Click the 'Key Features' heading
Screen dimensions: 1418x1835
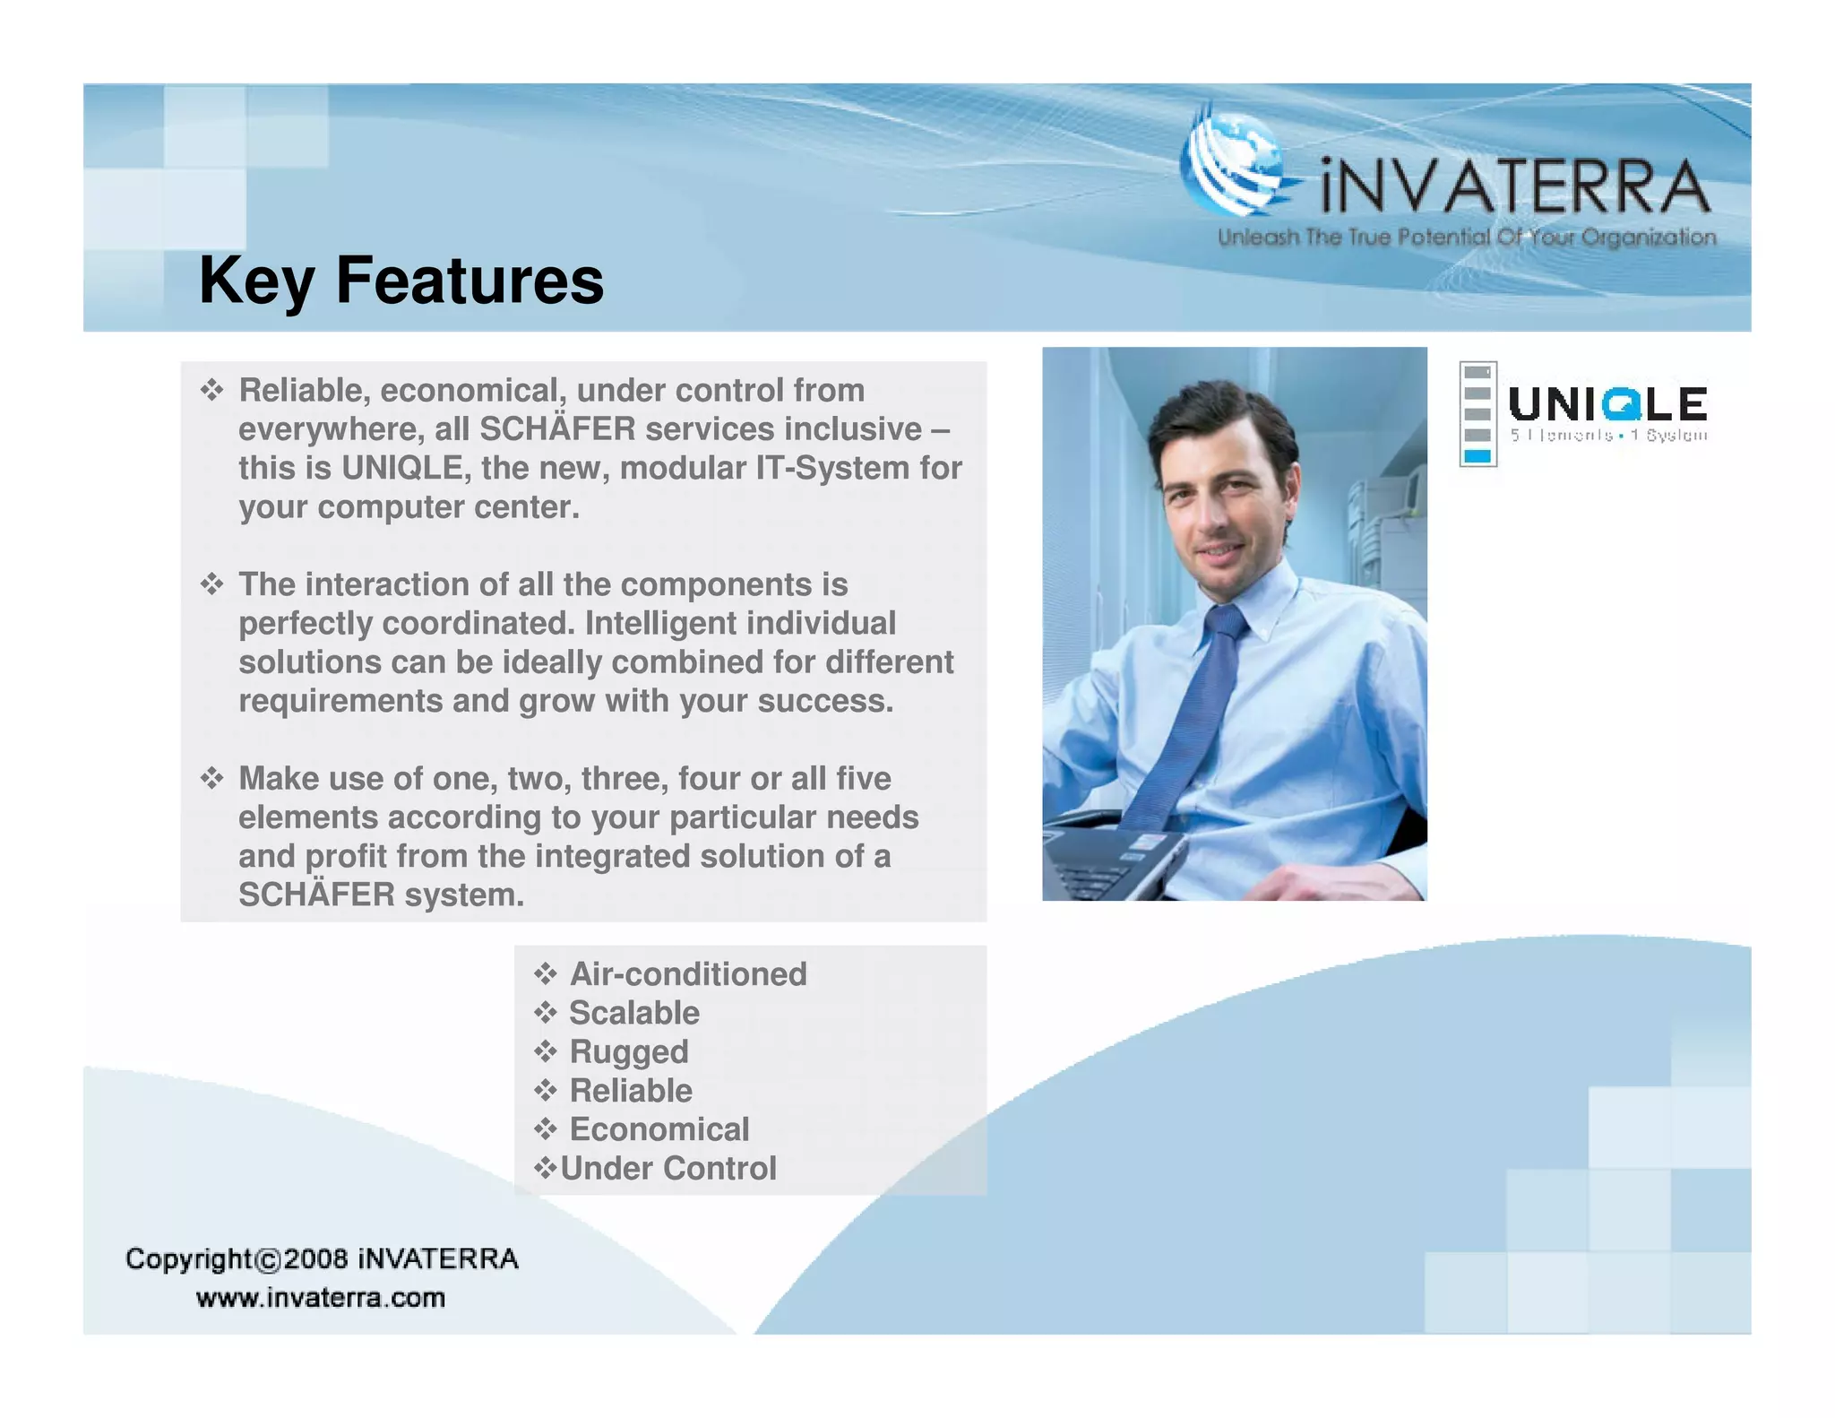[401, 281]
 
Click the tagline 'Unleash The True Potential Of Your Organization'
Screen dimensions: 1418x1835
[1467, 238]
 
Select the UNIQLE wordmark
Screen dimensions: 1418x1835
[1607, 404]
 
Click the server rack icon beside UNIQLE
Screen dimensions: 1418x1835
[1477, 414]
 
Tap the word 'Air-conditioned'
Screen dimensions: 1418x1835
[688, 974]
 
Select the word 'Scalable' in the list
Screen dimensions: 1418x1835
[634, 1013]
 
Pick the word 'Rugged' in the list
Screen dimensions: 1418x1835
[629, 1052]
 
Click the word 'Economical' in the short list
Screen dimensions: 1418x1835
[659, 1129]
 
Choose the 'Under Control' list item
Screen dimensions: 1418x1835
[668, 1169]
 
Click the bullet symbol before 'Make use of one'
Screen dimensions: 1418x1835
[211, 778]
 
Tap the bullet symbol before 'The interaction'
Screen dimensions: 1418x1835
[211, 584]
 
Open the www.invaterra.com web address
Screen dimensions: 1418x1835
[320, 1298]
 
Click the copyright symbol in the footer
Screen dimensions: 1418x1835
[268, 1260]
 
